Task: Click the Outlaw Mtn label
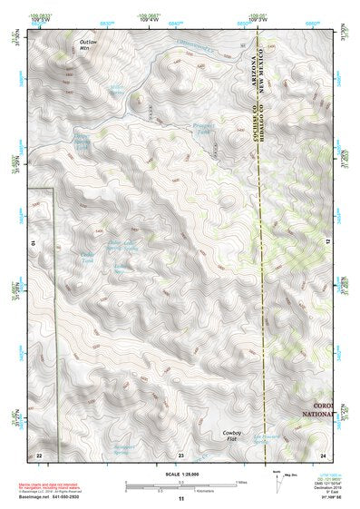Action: pyautogui.click(x=87, y=46)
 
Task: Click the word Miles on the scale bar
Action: pyautogui.click(x=240, y=481)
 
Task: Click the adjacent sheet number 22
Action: pyautogui.click(x=39, y=454)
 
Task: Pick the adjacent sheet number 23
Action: pyautogui.click(x=180, y=454)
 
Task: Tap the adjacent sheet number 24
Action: pyautogui.click(x=323, y=454)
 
